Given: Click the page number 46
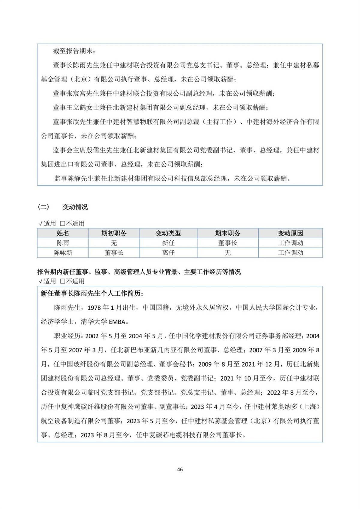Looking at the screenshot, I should click(x=180, y=469).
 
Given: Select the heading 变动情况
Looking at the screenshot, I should click(x=75, y=207).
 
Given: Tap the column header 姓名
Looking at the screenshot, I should click(x=63, y=233).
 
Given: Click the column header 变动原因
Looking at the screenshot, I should click(x=290, y=233).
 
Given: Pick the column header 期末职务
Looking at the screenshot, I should click(x=227, y=233).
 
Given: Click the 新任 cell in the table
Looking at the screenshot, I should click(x=168, y=243).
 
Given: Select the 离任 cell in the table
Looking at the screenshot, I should click(x=168, y=253).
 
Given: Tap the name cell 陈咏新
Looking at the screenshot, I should click(x=63, y=253).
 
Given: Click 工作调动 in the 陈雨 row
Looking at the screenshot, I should click(x=290, y=243).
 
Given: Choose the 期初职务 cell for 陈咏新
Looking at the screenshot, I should click(x=114, y=253).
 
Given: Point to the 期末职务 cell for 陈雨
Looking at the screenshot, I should click(x=227, y=243).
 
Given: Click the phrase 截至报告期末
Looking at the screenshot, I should click(x=72, y=51).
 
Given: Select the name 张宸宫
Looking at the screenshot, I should click(x=76, y=94).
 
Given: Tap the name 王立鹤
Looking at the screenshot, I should click(x=76, y=108).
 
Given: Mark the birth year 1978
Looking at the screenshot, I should click(x=94, y=308).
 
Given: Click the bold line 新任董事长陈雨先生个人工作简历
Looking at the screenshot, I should click(x=92, y=294).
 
